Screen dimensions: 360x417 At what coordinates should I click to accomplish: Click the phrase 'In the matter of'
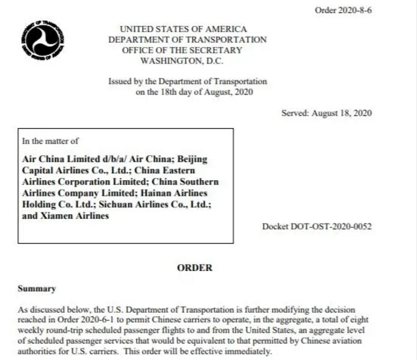[x=47, y=142]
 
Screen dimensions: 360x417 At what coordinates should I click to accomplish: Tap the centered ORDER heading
[x=195, y=268]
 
